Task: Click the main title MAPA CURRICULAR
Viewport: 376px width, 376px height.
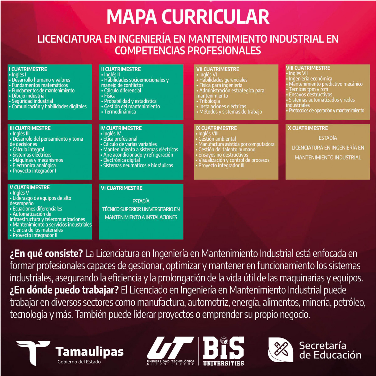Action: [x=188, y=17]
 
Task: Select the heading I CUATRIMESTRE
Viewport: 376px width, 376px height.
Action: [x=28, y=69]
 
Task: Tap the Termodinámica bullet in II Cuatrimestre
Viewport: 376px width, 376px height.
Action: [x=120, y=112]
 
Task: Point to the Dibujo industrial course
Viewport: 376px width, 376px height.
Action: [x=29, y=96]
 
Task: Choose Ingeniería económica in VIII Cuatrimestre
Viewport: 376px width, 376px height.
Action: [x=310, y=79]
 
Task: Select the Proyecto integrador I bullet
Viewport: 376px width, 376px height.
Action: [x=34, y=171]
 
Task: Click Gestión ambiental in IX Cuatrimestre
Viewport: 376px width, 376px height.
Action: [x=217, y=139]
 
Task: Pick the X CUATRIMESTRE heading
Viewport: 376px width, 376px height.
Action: [x=308, y=128]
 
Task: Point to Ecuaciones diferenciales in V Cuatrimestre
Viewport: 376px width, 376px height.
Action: [x=37, y=209]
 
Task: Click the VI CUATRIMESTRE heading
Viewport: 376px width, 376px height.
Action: [x=122, y=188]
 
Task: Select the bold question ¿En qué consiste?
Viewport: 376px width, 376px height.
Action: [x=46, y=253]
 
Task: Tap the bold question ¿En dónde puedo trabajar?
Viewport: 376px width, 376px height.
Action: [x=64, y=290]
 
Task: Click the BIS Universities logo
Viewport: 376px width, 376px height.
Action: [x=223, y=351]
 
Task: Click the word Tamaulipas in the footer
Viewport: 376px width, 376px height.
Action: [x=90, y=352]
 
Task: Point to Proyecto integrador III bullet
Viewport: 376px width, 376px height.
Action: [x=221, y=165]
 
